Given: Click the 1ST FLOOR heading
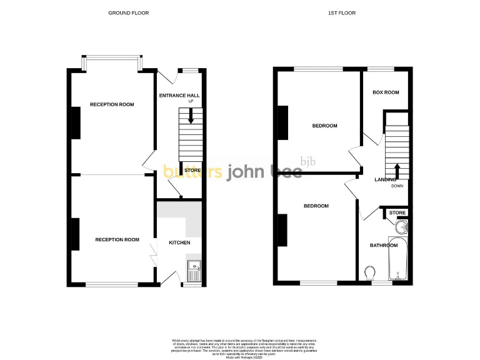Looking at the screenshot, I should (x=342, y=13).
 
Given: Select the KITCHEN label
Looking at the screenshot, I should (x=179, y=242).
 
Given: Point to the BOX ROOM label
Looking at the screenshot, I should (x=386, y=92).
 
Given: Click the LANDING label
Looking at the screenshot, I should (x=385, y=180).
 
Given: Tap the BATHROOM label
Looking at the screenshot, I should (x=383, y=246).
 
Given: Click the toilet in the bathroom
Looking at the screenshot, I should (x=369, y=273).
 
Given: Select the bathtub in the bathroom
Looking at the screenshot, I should (x=397, y=259).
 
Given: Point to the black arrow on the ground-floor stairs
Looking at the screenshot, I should (x=191, y=116).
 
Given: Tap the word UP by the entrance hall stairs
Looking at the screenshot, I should (x=191, y=101).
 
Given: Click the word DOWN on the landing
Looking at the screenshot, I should (x=397, y=186).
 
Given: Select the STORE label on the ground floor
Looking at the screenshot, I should (x=192, y=170).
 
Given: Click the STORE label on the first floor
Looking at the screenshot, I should (x=397, y=213).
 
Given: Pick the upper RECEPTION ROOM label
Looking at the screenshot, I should (x=112, y=104).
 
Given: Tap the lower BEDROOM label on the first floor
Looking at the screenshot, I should (x=316, y=206).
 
